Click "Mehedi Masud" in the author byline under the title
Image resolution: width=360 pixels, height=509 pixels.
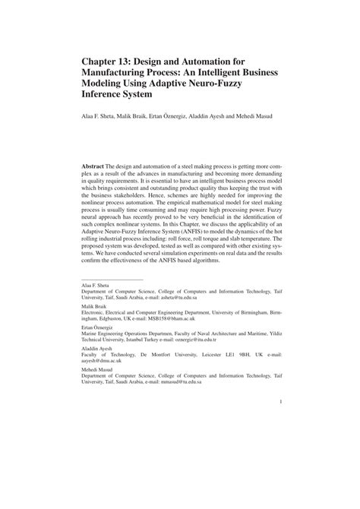pos(255,116)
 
